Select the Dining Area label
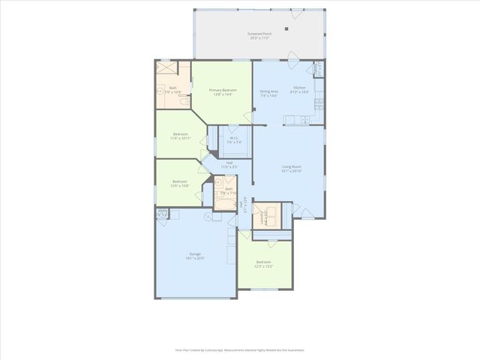[268, 93]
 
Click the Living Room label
[291, 169]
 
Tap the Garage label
[195, 256]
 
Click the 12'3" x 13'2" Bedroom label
[264, 264]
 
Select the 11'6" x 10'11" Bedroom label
[180, 136]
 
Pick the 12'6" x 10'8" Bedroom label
[180, 183]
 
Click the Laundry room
[267, 216]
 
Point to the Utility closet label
[163, 213]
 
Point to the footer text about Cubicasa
[240, 349]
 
